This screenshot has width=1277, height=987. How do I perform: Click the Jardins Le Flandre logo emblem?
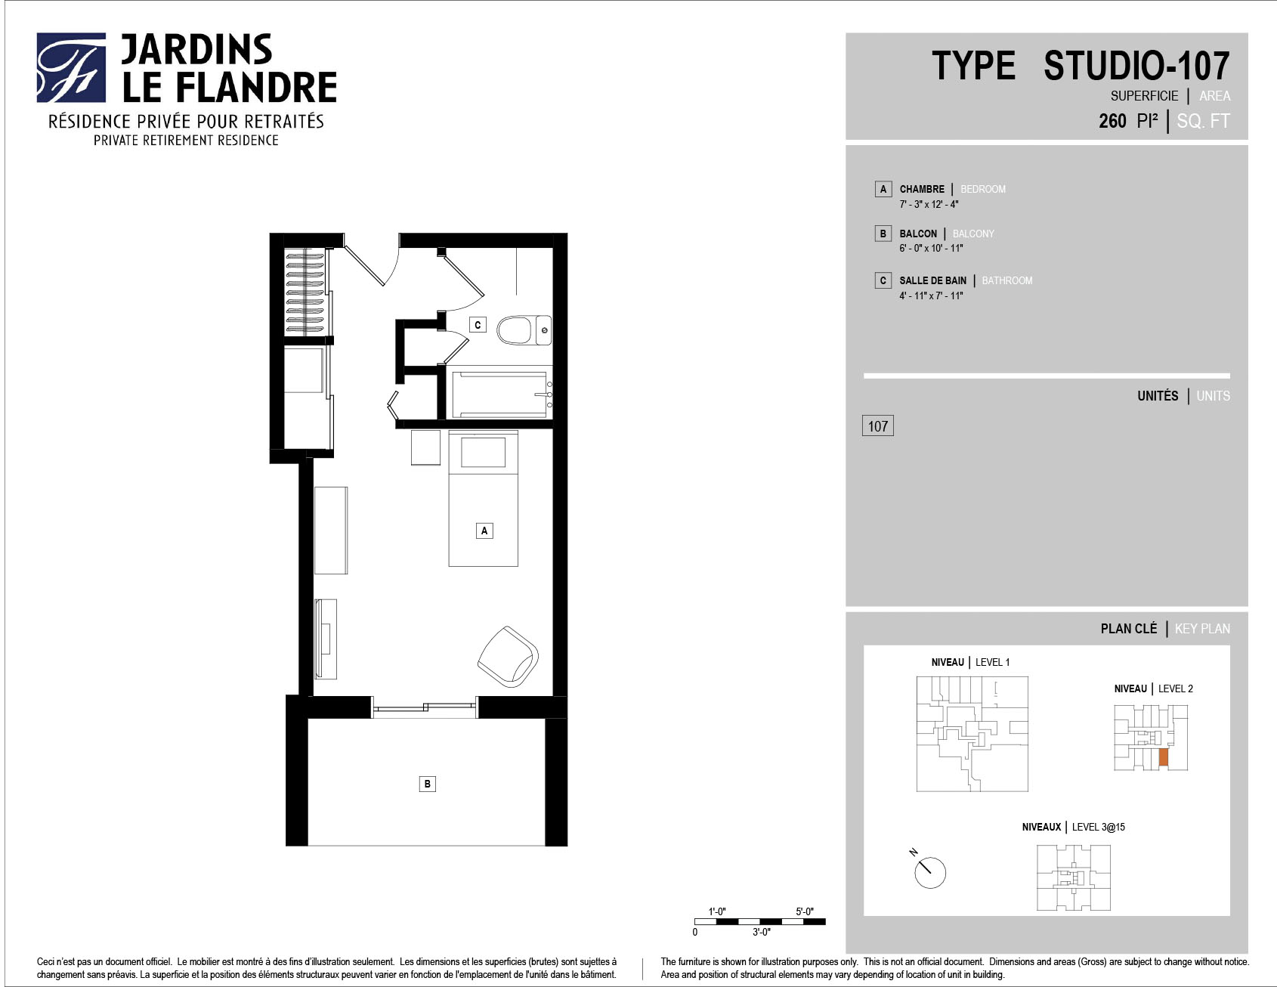71,67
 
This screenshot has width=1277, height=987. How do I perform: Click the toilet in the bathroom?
524,330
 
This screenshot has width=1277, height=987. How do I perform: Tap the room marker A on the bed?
484,531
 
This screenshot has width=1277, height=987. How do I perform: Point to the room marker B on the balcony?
428,784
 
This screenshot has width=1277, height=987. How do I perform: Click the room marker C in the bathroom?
478,325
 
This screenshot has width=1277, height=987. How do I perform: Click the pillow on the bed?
484,453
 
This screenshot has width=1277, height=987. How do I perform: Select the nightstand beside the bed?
425,447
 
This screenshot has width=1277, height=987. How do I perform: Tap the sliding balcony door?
425,707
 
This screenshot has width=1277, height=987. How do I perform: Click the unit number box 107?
878,426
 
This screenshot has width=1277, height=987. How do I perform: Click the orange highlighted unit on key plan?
1164,758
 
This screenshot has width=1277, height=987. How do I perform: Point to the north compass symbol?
929,871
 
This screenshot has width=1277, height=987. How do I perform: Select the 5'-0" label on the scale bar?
804,911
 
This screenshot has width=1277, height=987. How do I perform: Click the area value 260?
1112,121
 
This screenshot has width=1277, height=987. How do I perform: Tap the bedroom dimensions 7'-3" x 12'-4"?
929,205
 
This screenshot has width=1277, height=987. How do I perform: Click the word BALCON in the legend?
918,234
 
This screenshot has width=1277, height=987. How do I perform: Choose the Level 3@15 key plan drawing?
1074,877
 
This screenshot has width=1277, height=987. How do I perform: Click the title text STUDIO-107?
1136,66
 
